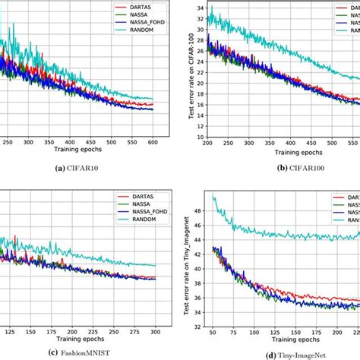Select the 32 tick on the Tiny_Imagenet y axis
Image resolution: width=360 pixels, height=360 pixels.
click(198, 327)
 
